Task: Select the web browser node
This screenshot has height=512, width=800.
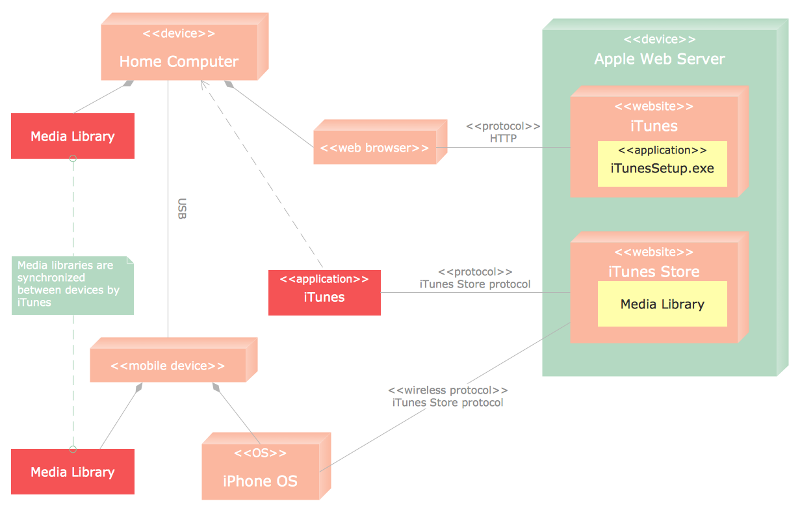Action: coord(374,148)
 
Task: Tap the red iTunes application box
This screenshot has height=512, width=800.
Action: coord(324,292)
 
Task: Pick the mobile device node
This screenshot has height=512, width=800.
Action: coord(168,366)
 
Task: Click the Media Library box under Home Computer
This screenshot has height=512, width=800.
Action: coord(73,136)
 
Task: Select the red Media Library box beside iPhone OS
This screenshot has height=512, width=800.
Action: coord(73,472)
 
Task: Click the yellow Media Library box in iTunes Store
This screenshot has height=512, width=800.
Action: coord(662,304)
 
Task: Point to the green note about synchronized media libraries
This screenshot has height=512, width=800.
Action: coord(72,285)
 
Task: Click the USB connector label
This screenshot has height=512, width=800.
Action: coord(182,209)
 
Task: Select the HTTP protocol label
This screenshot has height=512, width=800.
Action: coord(503,138)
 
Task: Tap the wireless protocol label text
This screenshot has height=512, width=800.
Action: coord(448,390)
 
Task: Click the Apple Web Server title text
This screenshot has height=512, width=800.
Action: coord(660,59)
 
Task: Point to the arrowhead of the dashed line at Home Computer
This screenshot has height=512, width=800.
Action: coord(203,83)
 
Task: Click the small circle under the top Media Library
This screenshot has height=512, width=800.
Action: coord(73,158)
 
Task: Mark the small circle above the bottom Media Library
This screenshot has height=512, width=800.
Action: coord(73,449)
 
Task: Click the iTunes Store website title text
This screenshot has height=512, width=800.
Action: coord(654,271)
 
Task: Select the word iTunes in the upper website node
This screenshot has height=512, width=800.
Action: coord(654,126)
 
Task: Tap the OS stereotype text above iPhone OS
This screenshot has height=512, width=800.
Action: coord(260,453)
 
